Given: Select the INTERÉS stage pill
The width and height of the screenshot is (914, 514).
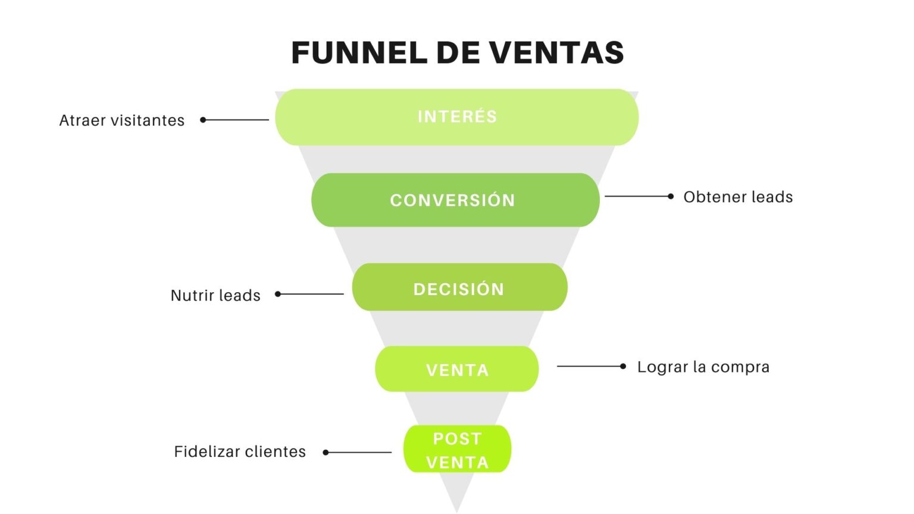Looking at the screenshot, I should pyautogui.click(x=456, y=117).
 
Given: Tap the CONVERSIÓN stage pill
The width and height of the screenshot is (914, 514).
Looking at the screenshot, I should pyautogui.click(x=455, y=200).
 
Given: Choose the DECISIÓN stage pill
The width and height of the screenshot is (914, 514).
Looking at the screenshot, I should pyautogui.click(x=459, y=288).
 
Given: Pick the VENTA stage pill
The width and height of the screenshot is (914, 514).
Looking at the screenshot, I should pyautogui.click(x=456, y=369).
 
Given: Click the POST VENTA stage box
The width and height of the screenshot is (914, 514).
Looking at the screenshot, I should pyautogui.click(x=457, y=450).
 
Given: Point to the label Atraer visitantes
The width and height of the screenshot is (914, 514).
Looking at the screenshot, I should pyautogui.click(x=122, y=120).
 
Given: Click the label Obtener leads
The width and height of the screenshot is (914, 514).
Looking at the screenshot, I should pyautogui.click(x=738, y=197).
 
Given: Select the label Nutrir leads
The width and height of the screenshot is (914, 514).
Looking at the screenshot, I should pyautogui.click(x=215, y=295).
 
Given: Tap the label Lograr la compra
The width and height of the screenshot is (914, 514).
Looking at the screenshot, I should pyautogui.click(x=703, y=366).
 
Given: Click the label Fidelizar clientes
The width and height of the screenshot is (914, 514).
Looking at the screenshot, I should pyautogui.click(x=240, y=452).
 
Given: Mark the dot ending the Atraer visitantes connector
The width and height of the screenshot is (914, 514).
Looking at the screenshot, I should pyautogui.click(x=203, y=120).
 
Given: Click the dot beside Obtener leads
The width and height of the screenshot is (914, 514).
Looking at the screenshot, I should pyautogui.click(x=671, y=196).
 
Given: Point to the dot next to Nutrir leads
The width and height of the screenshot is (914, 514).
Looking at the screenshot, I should pyautogui.click(x=278, y=294).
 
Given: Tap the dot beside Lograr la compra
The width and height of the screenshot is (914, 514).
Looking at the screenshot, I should pyautogui.click(x=623, y=366).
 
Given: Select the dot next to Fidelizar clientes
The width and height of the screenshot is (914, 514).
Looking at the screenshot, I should pyautogui.click(x=325, y=453).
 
